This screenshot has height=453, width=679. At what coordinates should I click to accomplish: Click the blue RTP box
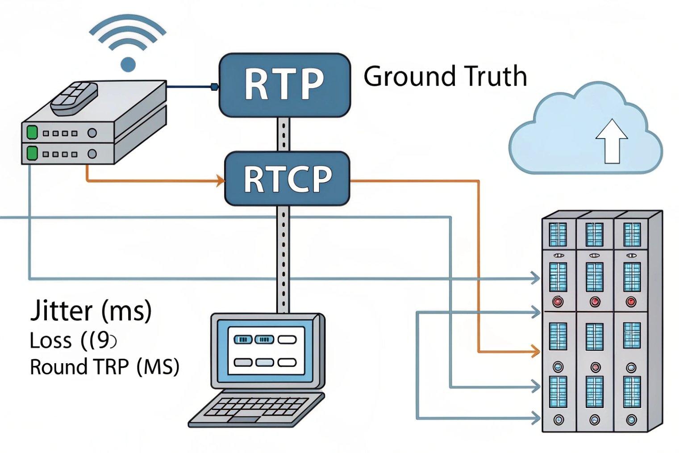(x=284, y=85)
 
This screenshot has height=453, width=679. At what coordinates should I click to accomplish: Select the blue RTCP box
(x=287, y=179)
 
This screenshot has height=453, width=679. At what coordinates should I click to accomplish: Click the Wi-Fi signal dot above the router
(x=128, y=64)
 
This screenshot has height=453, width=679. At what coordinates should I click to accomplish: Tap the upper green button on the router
(x=32, y=133)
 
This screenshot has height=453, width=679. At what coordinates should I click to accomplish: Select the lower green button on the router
(x=32, y=153)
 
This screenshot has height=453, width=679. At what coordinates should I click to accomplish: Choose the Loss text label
(x=50, y=341)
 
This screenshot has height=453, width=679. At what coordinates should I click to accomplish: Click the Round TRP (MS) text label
(x=104, y=367)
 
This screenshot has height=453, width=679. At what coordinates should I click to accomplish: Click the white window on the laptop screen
(x=266, y=351)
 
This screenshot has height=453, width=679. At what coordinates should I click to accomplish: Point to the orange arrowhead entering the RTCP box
(x=221, y=180)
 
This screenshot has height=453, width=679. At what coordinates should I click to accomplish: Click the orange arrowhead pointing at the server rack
(x=535, y=352)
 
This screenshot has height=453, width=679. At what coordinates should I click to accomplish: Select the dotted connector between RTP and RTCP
(x=283, y=134)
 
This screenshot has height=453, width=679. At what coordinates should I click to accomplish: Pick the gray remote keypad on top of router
(x=74, y=98)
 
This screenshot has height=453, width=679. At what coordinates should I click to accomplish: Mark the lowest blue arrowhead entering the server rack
(x=535, y=418)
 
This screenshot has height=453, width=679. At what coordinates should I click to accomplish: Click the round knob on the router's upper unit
(x=92, y=133)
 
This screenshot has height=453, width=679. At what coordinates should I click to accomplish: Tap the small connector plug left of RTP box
(x=214, y=87)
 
